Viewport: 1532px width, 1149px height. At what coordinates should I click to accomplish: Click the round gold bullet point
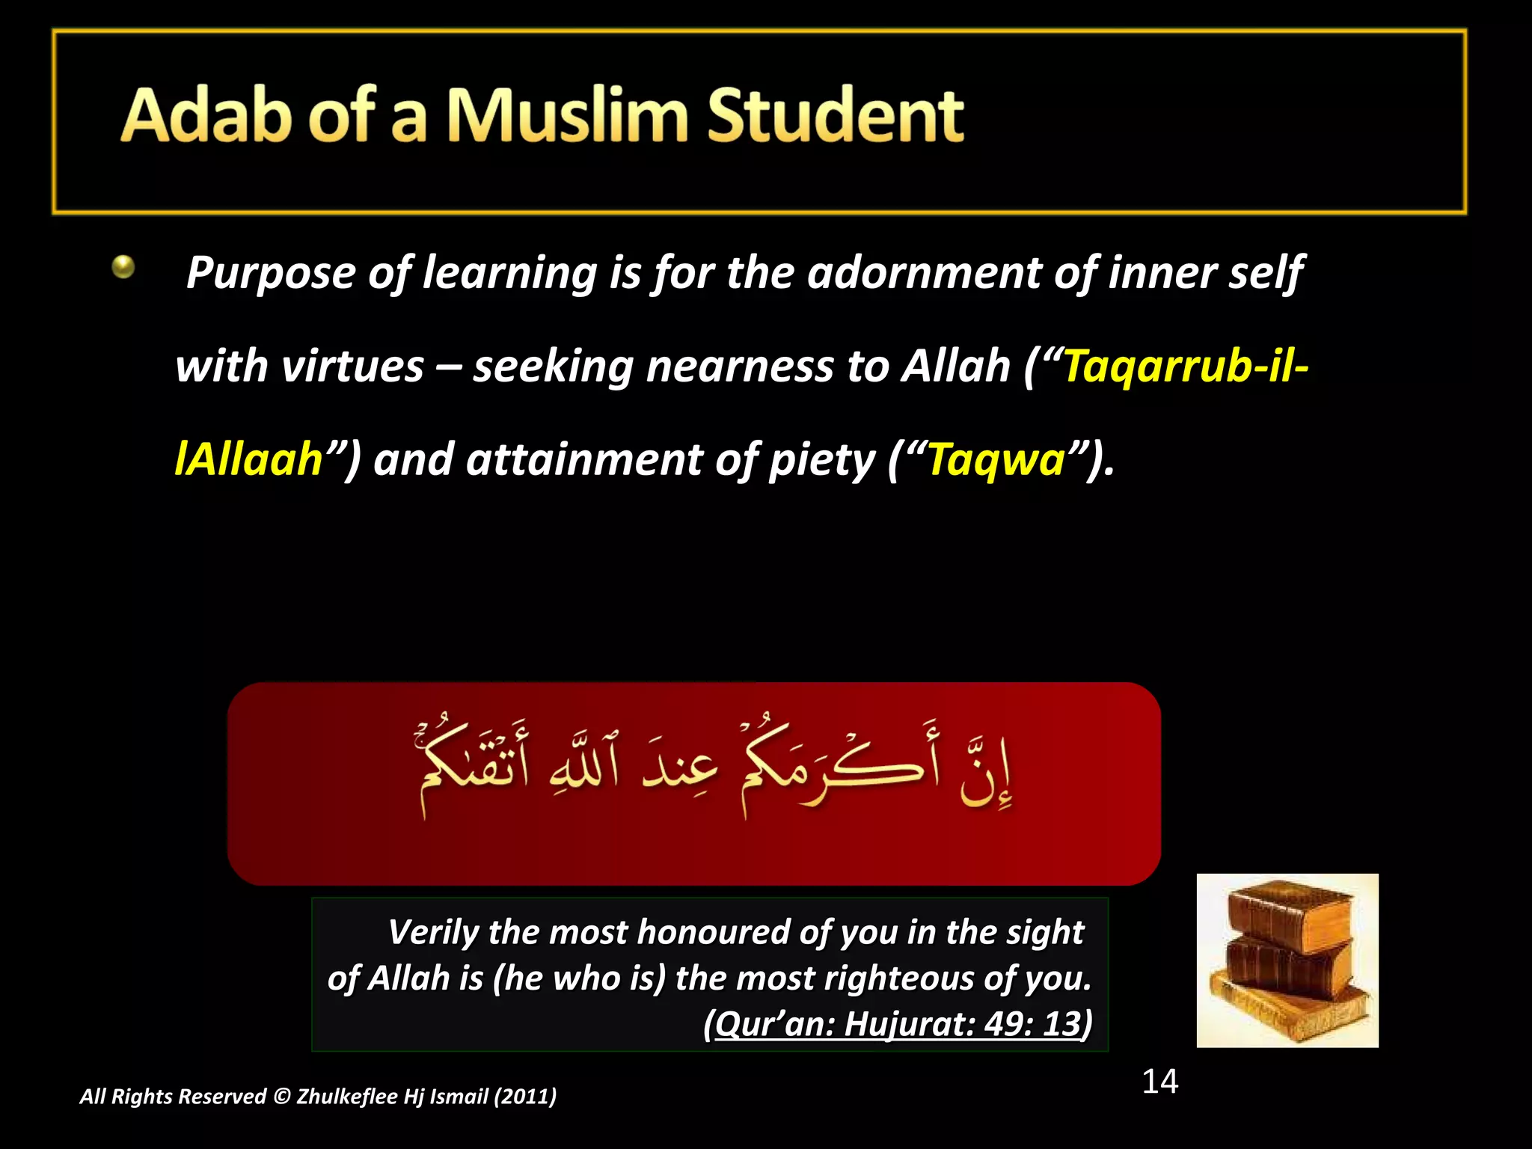123,267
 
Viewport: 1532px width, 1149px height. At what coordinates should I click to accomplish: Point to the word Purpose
272,273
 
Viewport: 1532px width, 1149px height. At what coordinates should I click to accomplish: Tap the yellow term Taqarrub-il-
1186,367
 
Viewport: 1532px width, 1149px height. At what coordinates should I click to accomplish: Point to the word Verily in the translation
433,933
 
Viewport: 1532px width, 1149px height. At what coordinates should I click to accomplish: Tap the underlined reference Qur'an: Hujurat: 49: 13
898,1024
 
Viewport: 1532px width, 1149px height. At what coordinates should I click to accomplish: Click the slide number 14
1159,1082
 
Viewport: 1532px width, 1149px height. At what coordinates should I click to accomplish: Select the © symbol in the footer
281,1097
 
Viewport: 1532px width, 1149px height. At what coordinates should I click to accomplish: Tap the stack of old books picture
1287,960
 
